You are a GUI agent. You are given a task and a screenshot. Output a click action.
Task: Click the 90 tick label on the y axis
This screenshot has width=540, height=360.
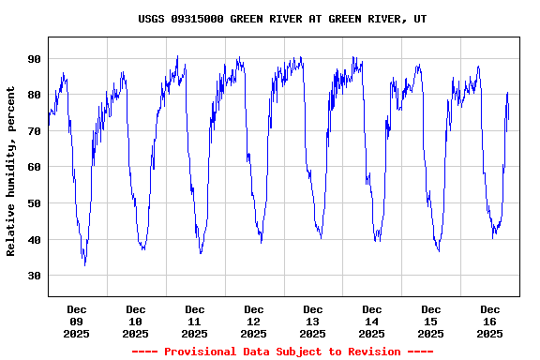[34, 59]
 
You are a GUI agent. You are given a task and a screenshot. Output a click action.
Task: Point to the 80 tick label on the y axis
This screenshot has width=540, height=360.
[34, 95]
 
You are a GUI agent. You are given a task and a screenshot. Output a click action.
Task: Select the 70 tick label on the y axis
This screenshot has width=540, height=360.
[34, 131]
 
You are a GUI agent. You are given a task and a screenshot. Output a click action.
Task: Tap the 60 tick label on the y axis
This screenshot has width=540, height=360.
[34, 167]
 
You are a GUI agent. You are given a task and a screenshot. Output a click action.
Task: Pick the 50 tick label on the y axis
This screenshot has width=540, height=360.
[34, 203]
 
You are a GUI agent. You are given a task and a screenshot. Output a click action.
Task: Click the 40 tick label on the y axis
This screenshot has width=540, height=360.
[34, 240]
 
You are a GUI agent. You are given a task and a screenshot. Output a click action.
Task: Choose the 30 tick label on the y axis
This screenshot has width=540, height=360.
[34, 276]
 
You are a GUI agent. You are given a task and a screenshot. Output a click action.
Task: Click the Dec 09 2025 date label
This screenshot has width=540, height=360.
[77, 321]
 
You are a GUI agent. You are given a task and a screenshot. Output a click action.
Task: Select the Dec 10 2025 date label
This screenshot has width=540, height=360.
[136, 321]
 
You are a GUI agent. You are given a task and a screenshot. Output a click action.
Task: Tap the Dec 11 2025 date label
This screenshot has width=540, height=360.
[195, 321]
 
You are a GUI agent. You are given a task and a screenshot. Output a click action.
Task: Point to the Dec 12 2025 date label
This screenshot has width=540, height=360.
[254, 321]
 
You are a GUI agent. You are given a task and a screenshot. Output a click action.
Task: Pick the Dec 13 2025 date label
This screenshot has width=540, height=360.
[313, 321]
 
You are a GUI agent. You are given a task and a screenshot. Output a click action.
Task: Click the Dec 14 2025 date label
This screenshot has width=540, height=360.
[372, 321]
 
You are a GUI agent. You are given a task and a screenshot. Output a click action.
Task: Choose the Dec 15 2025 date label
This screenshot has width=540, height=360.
[431, 321]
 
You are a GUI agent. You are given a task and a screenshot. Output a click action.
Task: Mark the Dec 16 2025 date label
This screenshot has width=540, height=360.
[490, 321]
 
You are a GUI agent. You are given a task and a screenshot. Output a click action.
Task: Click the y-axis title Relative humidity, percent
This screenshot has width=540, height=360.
[11, 171]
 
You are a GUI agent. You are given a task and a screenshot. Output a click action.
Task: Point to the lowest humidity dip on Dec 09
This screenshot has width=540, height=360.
[85, 264]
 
